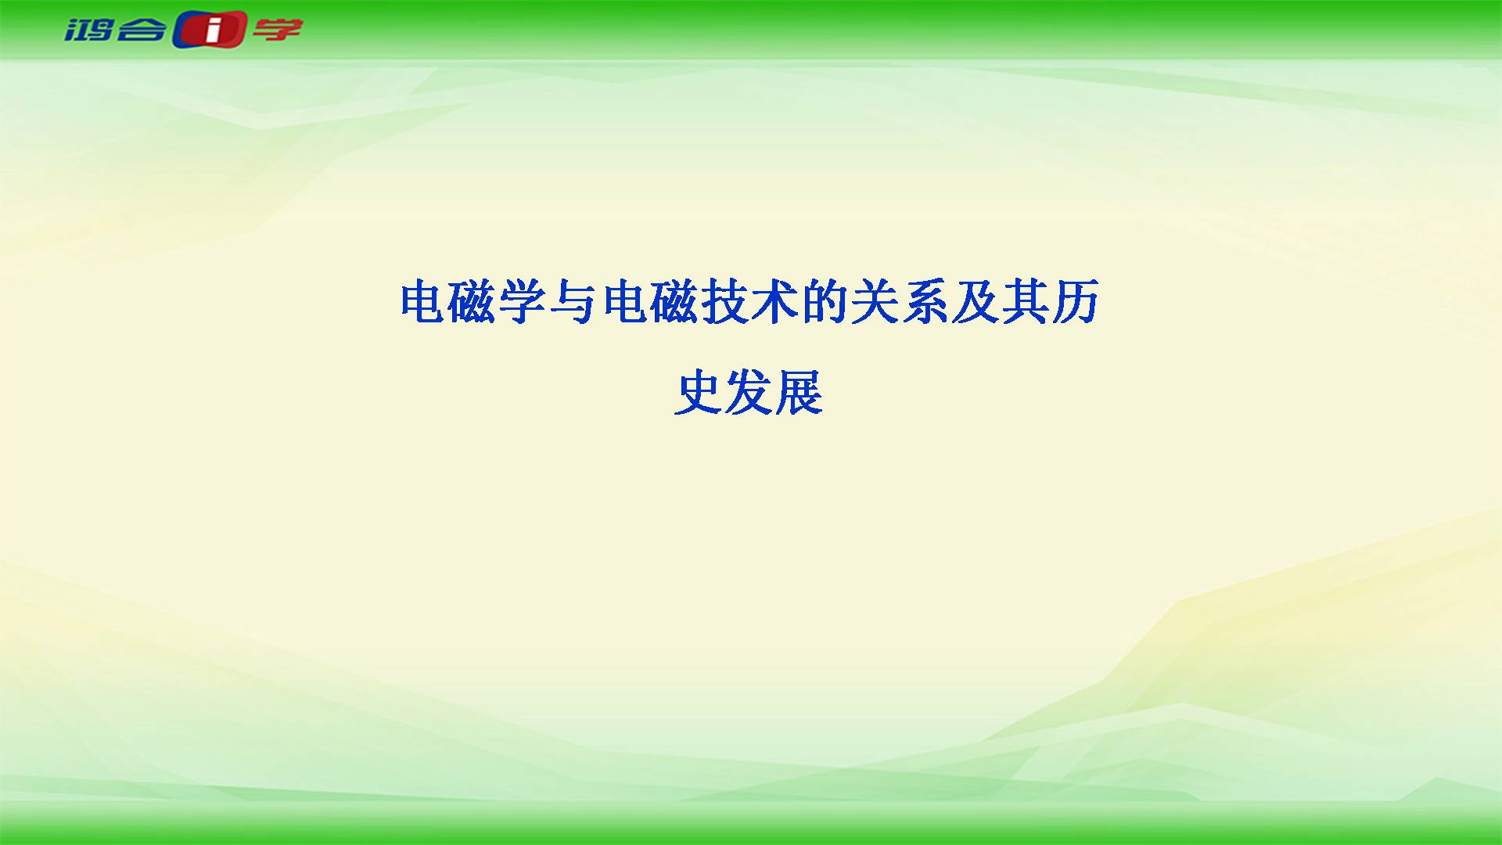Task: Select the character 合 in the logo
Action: click(x=142, y=31)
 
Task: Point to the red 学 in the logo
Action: click(x=277, y=31)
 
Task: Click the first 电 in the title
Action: click(x=424, y=302)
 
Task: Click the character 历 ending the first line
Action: click(x=1075, y=302)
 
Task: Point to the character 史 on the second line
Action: click(x=699, y=392)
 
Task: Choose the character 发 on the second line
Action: click(x=749, y=392)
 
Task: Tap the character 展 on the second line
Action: click(x=800, y=392)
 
